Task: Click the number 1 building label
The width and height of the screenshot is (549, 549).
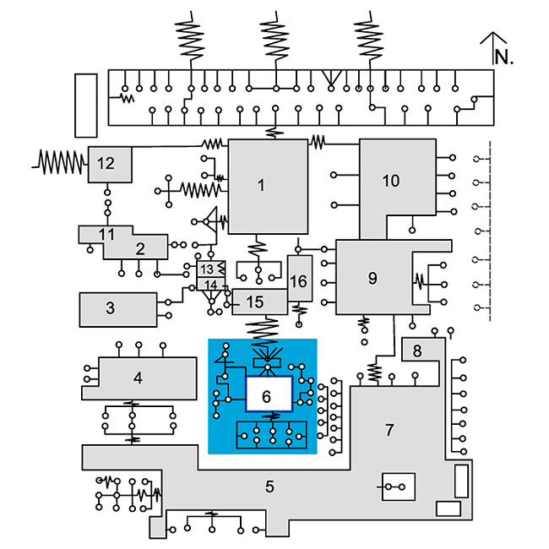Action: [x=262, y=185]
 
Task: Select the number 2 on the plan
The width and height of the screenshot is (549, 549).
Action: [x=140, y=248]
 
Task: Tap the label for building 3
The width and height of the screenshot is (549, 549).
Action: [x=111, y=307]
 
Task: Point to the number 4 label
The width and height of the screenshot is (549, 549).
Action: [x=138, y=378]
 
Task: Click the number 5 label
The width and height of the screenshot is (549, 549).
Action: [x=269, y=486]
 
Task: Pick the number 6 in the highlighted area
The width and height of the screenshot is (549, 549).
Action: [x=267, y=395]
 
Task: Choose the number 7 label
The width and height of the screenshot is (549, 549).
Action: [x=389, y=431]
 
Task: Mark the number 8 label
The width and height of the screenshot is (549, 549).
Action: [x=416, y=350]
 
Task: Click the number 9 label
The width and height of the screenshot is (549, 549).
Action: [x=372, y=278]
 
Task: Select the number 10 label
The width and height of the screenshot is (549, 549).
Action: [x=390, y=180]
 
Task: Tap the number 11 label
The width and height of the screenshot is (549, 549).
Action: [x=106, y=233]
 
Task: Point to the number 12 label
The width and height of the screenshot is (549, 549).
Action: [x=106, y=164]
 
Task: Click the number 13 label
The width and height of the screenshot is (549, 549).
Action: [x=207, y=269]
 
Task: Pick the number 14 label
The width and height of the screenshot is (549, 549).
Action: [x=210, y=285]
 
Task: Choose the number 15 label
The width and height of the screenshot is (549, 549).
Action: [x=254, y=302]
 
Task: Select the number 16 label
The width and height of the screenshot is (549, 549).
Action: [x=298, y=282]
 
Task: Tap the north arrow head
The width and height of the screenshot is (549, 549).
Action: [x=492, y=36]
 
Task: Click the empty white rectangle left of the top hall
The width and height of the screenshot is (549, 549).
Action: [x=87, y=105]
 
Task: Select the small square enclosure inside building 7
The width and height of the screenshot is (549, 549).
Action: [x=397, y=486]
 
